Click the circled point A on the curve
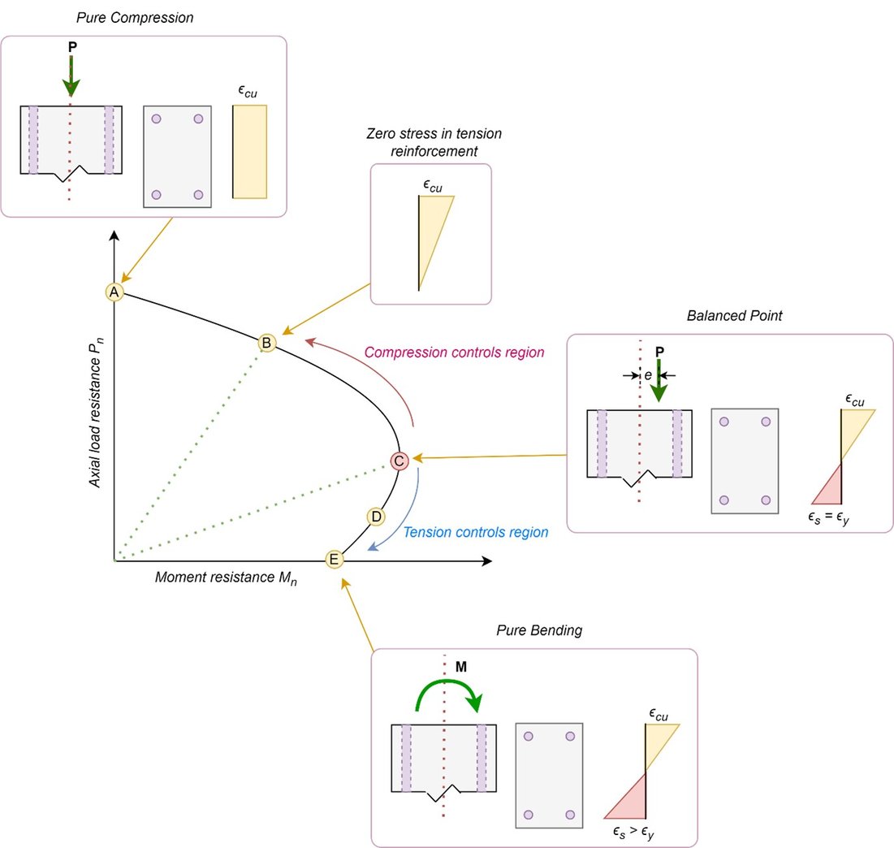(x=114, y=292)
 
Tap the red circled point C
(x=399, y=461)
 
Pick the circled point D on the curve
(x=375, y=516)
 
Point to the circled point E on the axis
(x=334, y=559)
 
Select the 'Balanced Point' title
(x=734, y=316)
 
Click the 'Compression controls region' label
(x=454, y=353)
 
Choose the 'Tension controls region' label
(x=476, y=533)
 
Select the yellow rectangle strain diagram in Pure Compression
(x=250, y=152)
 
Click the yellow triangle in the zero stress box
(x=430, y=227)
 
